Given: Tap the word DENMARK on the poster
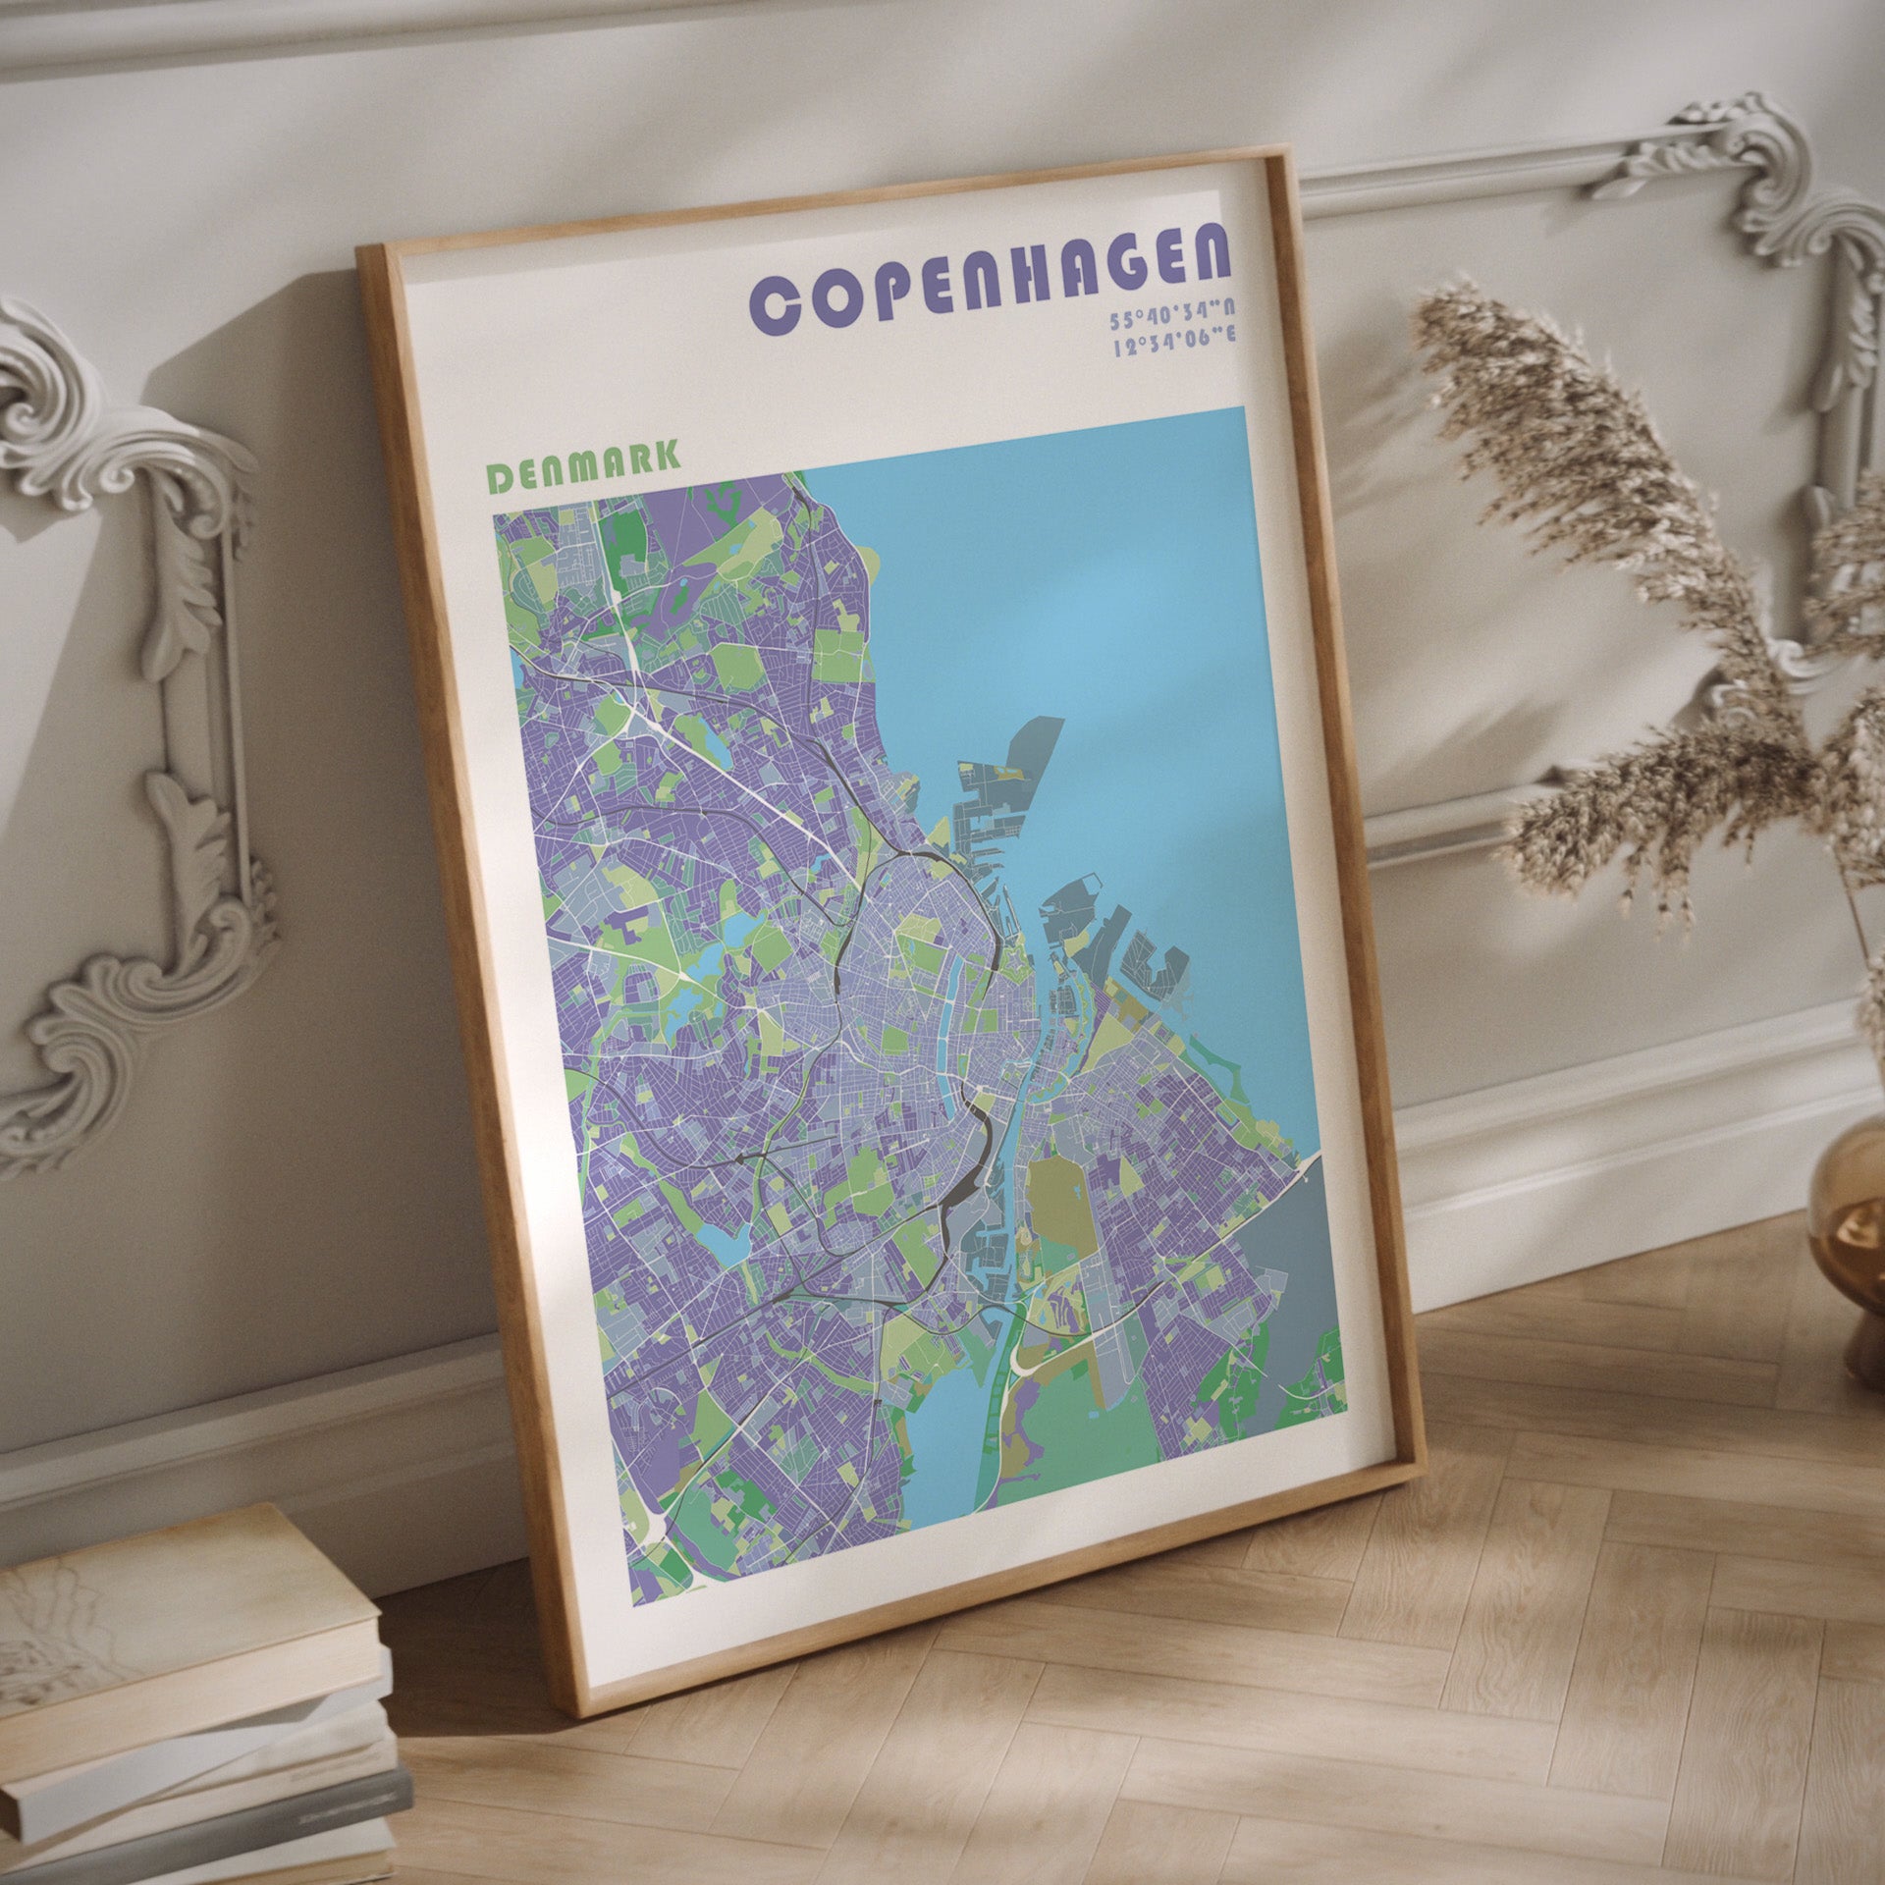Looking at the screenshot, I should coord(584,468).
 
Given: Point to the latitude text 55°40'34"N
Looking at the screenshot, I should coord(1172,321).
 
